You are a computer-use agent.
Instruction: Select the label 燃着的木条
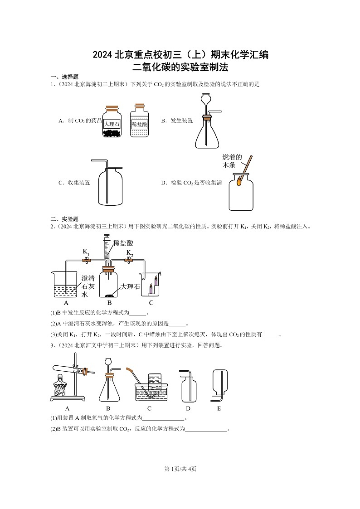click(232, 161)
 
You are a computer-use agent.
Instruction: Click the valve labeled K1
click(86, 260)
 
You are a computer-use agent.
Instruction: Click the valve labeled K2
click(130, 260)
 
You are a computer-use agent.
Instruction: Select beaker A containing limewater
click(65, 286)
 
